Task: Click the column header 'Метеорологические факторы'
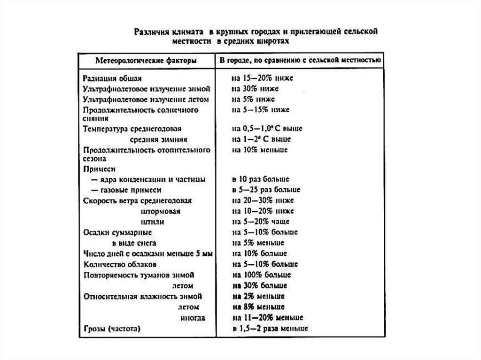point(146,61)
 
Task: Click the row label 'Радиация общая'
point(112,78)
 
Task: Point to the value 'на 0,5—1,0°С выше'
point(266,128)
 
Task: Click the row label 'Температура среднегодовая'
point(132,129)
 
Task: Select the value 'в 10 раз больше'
point(260,179)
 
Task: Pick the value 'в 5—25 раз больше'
point(265,190)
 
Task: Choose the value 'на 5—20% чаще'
point(260,222)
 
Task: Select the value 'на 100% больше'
point(261,275)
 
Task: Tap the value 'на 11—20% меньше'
point(266,318)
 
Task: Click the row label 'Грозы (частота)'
point(112,329)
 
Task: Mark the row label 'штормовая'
point(161,211)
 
